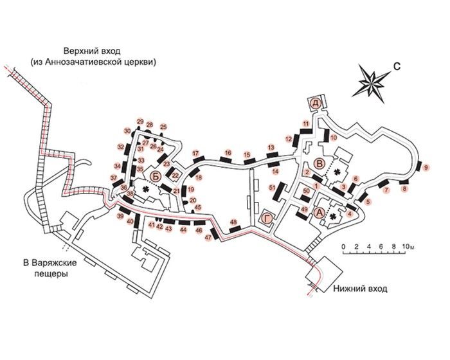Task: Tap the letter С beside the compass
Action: [x=397, y=64]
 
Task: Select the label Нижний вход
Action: [x=360, y=289]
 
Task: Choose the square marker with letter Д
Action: [x=315, y=103]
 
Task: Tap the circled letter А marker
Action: [x=319, y=208]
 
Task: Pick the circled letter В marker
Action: [x=319, y=161]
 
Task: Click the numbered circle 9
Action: [x=426, y=168]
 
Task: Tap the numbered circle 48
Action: [x=234, y=222]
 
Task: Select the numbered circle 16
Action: [x=228, y=153]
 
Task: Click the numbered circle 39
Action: [x=120, y=217]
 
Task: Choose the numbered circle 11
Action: [x=306, y=123]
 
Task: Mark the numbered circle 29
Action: [x=139, y=122]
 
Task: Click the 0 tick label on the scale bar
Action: [x=344, y=247]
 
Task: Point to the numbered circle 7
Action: [x=386, y=191]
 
